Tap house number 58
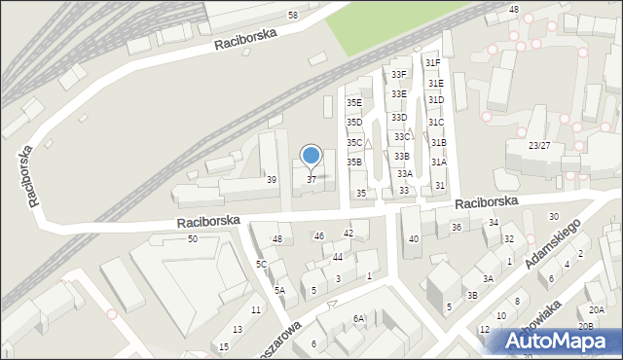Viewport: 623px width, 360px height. point(293,16)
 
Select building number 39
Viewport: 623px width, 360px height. point(272,180)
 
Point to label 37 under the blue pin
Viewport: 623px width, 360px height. point(311,180)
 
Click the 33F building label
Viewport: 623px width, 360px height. point(398,74)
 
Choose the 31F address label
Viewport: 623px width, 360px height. point(433,63)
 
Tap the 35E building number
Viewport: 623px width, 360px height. point(354,102)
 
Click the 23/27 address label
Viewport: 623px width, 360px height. point(539,145)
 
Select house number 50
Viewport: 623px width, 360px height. point(193,238)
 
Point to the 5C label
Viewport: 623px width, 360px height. point(261,264)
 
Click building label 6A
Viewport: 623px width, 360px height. point(358,318)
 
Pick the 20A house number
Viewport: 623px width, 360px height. point(596,309)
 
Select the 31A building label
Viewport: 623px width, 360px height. point(439,162)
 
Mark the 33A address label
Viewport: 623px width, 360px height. point(404,173)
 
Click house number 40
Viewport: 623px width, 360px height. point(414,238)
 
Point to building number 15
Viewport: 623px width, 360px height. point(224,347)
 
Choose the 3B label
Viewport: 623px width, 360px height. point(472,295)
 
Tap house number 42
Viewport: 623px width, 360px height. point(348,234)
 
